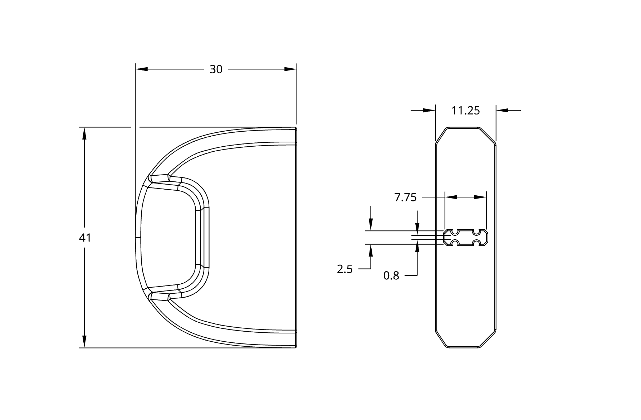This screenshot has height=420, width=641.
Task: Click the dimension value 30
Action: point(216,69)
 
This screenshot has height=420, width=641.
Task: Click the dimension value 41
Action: point(85,238)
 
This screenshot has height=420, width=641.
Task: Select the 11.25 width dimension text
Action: point(465,111)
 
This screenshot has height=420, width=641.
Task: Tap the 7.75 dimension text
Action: point(405,197)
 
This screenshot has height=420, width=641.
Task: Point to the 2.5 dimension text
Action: point(344,269)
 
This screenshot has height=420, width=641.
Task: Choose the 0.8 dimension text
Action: point(391,276)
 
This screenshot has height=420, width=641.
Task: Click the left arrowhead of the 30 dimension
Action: point(142,69)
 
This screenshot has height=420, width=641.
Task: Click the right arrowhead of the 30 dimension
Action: point(290,69)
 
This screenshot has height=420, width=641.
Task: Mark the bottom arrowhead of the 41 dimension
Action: point(84,341)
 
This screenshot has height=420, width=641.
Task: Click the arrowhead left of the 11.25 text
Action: point(429,111)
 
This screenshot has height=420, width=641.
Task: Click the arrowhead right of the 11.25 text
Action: point(503,111)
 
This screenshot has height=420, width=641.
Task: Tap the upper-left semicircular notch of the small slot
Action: point(455,232)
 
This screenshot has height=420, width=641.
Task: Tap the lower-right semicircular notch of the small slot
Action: point(476,244)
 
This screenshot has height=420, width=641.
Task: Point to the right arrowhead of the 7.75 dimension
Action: point(480,197)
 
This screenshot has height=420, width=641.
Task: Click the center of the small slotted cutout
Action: point(466,238)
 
